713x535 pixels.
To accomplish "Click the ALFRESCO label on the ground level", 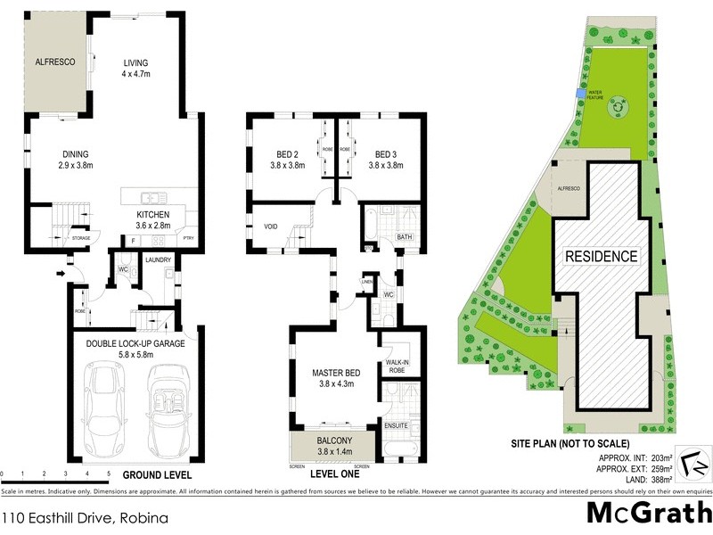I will tap(53, 62).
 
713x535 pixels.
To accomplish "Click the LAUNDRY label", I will tap(159, 259).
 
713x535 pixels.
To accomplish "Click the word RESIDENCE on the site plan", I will tap(602, 257).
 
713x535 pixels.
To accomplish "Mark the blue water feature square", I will tap(580, 94).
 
